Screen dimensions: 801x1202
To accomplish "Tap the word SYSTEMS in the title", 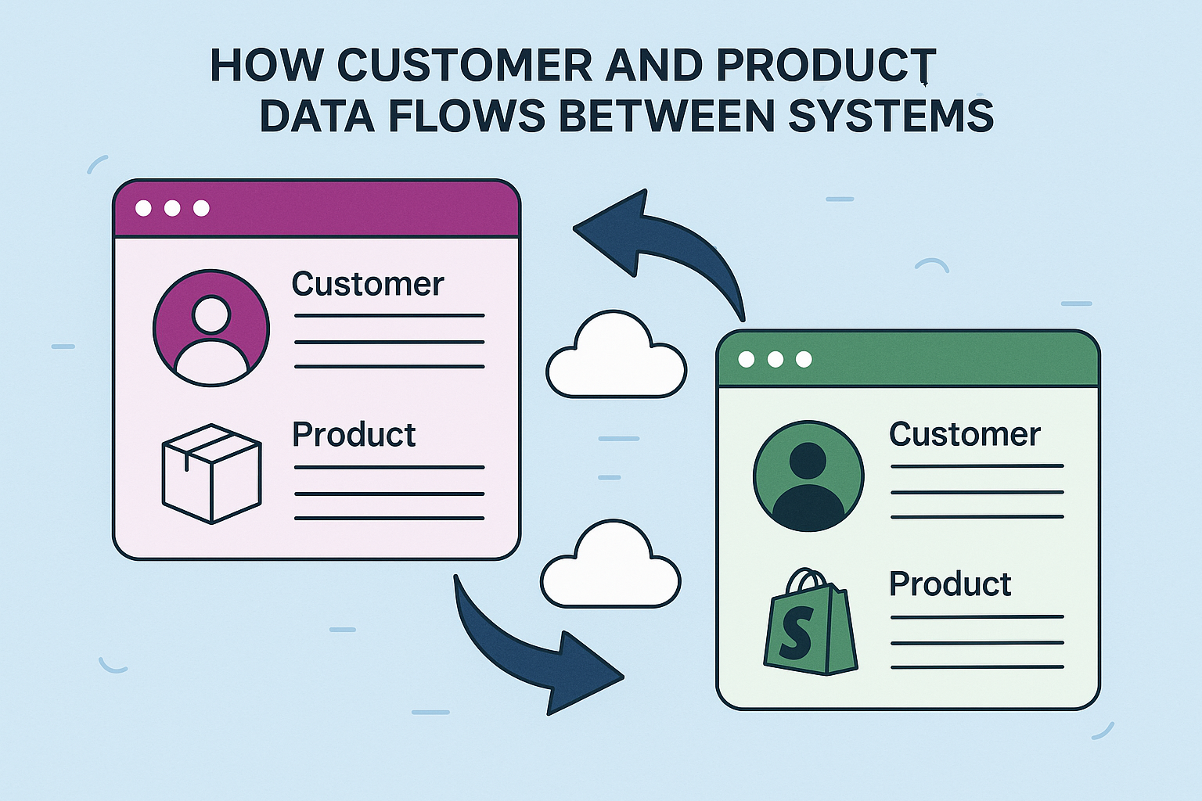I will point(891,117).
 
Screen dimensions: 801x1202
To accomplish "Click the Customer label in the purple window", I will point(368,283).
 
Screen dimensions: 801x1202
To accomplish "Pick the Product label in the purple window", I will point(354,434).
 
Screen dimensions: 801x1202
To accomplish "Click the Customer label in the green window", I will point(965,434).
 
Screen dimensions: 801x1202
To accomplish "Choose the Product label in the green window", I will point(950,584).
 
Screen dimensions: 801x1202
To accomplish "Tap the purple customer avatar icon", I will point(211,328).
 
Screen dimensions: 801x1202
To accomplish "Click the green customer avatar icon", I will point(808,476).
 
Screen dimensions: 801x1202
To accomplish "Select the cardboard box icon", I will point(211,473).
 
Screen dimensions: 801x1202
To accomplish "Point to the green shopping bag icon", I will point(810,623).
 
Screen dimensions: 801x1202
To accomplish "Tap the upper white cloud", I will point(616,357).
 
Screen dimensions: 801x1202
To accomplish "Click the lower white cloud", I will point(610,566).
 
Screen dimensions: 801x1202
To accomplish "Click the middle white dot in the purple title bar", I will point(172,208).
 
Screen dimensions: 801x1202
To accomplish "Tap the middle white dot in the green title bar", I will point(775,359).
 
